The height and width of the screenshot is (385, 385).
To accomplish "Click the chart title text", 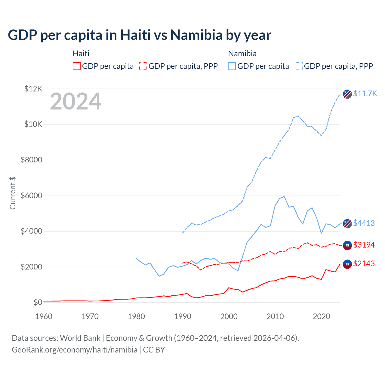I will tap(140, 35).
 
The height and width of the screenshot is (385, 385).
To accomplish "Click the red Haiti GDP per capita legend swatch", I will tap(77, 66).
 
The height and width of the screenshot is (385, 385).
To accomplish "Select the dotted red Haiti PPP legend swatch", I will tap(143, 66).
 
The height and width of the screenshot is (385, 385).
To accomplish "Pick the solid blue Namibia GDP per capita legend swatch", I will tap(232, 66).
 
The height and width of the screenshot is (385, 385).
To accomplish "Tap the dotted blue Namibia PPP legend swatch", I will tap(299, 66).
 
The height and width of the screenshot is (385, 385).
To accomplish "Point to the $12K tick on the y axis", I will tap(33, 89).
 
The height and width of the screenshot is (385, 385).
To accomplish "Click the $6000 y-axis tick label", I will tap(31, 196).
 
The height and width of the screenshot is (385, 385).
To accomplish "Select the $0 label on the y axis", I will tap(38, 302).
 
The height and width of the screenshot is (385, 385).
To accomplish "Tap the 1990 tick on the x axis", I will tap(183, 316).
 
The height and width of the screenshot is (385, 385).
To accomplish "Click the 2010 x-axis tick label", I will tap(275, 316).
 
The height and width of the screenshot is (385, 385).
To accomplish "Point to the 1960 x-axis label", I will tap(44, 316).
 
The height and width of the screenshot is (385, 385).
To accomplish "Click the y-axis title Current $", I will tap(13, 193).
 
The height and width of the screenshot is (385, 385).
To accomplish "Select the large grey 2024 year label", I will tap(75, 102).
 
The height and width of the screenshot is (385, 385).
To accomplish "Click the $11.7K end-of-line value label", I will tap(365, 94).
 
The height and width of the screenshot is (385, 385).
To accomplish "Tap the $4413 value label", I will tap(364, 223).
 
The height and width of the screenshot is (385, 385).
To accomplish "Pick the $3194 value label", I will tap(364, 245).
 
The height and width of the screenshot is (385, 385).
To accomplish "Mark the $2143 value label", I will tap(364, 263).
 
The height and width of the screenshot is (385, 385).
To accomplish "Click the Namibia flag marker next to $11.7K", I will tap(347, 94).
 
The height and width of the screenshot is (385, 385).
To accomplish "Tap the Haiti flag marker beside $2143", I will tap(347, 264).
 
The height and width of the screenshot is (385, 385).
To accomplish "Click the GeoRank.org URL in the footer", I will tap(75, 350).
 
